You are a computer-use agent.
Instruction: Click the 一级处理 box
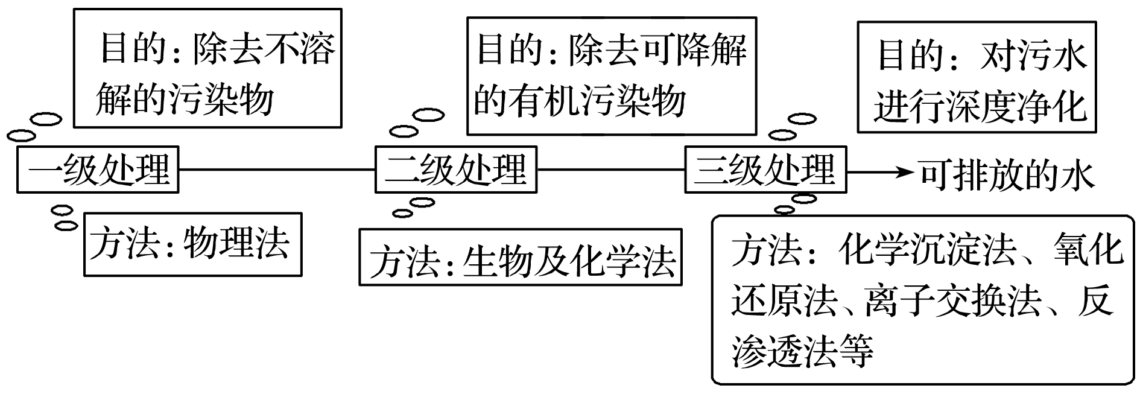point(98,170)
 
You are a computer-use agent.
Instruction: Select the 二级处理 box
point(456,170)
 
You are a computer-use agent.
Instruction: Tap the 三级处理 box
point(765,170)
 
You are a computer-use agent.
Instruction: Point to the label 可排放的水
point(1007,174)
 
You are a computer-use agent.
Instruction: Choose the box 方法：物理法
point(192,244)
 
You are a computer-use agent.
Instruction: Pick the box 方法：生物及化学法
point(521,257)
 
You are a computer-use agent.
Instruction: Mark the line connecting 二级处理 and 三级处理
point(610,170)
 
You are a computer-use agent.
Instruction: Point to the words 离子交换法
point(953,300)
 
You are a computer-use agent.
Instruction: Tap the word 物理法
point(236,244)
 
